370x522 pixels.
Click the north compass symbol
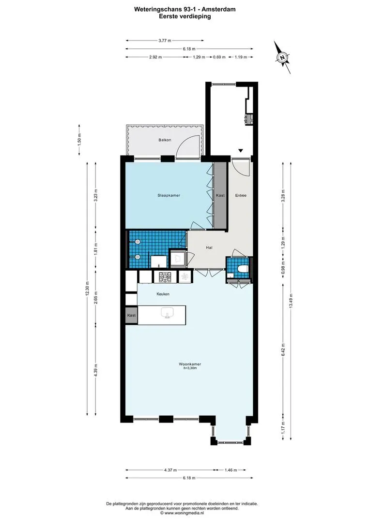283,57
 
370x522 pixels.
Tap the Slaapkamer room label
169,195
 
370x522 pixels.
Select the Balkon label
165,140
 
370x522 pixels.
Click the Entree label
241,195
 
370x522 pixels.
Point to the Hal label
209,247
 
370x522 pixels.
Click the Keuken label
163,294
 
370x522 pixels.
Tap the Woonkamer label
190,364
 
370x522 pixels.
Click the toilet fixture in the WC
242,269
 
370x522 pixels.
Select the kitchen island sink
167,313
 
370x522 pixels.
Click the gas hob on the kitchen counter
165,276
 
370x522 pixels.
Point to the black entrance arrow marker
241,150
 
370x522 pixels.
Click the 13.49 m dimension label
291,301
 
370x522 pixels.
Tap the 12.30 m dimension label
87,288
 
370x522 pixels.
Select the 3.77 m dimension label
165,41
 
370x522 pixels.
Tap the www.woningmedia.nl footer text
185,513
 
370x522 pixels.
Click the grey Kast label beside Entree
220,195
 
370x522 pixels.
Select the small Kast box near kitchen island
131,315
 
